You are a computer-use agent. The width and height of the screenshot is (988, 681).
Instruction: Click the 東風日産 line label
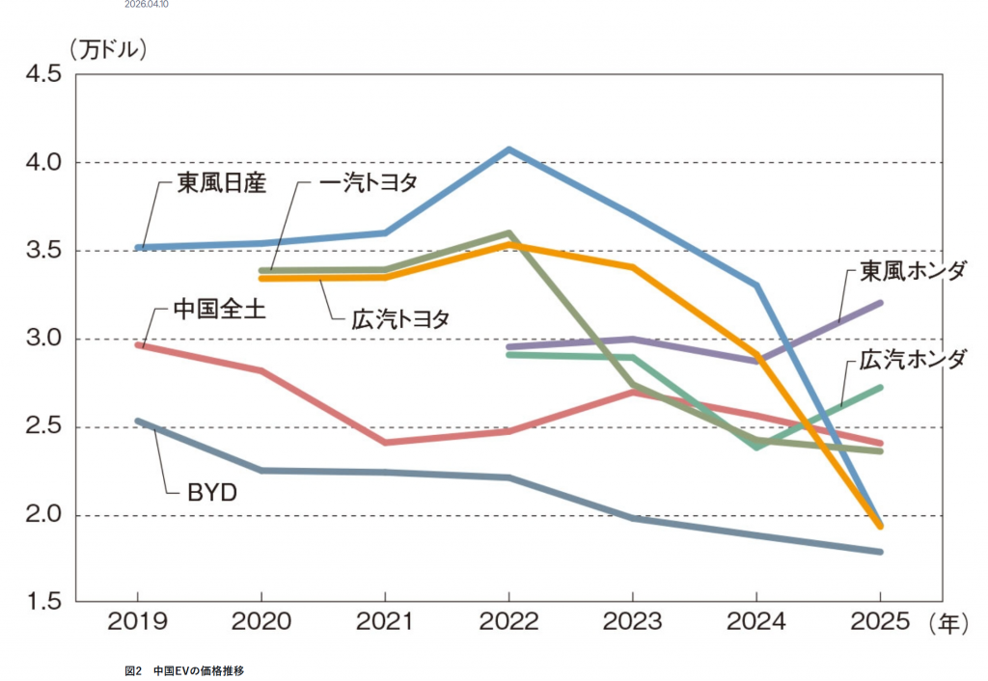[x=220, y=182]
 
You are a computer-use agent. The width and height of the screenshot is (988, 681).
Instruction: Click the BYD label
[x=211, y=493]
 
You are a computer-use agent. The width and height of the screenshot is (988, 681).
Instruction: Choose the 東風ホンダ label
[x=912, y=270]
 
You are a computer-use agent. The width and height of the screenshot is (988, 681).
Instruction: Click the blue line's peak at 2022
[x=508, y=150]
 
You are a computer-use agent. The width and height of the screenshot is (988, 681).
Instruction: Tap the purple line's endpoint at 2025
[x=879, y=303]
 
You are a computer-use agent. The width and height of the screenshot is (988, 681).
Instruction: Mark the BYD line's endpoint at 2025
[x=879, y=552]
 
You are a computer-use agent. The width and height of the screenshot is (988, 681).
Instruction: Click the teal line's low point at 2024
[x=756, y=448]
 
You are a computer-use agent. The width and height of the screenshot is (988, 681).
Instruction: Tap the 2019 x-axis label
[x=137, y=623]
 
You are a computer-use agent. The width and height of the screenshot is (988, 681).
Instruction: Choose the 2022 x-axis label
[x=508, y=623]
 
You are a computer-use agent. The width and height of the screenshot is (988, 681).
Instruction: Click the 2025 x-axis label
[x=879, y=623]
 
